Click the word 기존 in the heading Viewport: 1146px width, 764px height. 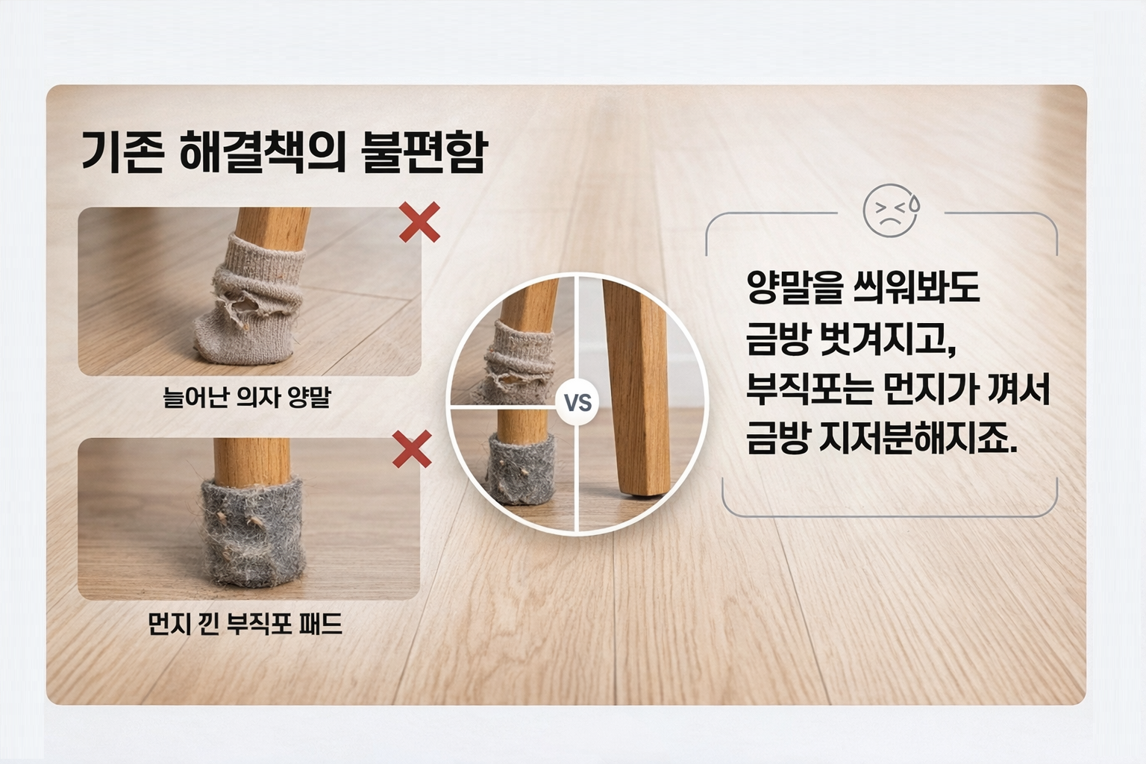(123, 152)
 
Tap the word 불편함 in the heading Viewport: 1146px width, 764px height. (424, 152)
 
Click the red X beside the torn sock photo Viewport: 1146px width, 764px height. (419, 222)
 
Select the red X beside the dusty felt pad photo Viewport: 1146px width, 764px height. (412, 449)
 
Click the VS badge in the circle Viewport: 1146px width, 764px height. (578, 402)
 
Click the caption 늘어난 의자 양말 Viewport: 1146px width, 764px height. (247, 397)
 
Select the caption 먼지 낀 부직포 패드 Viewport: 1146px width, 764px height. (245, 624)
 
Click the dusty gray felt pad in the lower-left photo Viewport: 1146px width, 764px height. (253, 532)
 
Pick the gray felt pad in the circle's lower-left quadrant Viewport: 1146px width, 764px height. (520, 468)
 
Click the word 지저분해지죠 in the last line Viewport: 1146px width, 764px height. (918, 439)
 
